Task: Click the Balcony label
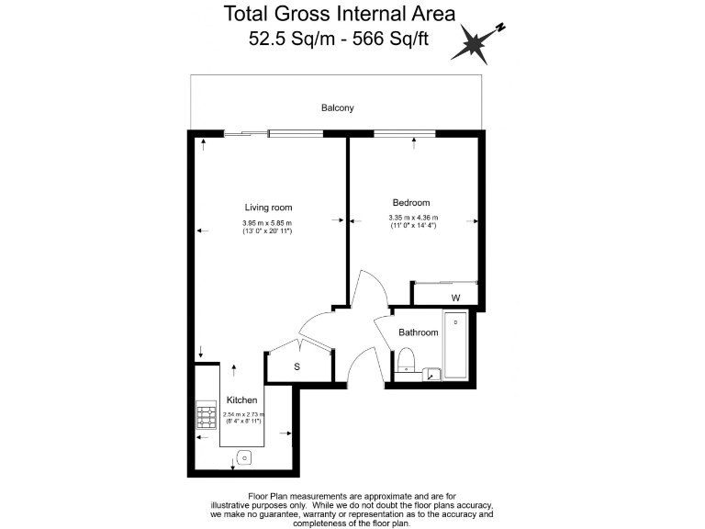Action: coord(337,108)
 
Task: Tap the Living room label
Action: coord(268,208)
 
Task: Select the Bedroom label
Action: coord(410,203)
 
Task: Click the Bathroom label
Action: coord(418,332)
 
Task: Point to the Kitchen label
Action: coord(242,401)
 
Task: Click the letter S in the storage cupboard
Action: coord(297,367)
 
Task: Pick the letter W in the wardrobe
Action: coord(455,298)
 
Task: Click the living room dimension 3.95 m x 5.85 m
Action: coord(267,223)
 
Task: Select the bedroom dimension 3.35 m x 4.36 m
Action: coord(413,219)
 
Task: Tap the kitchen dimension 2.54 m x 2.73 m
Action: coord(243,415)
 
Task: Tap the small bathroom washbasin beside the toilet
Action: coord(431,374)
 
